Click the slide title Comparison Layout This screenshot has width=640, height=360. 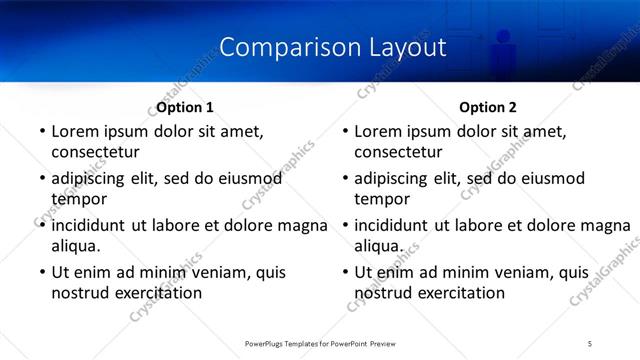coord(332,47)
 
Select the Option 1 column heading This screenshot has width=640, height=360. coord(185,107)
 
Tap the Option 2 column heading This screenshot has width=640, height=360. coord(488,107)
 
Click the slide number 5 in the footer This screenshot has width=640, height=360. coord(590,343)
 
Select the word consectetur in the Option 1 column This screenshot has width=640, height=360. coord(95,152)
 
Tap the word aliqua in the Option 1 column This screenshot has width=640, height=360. coord(75,246)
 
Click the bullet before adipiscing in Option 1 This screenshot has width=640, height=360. coord(41,179)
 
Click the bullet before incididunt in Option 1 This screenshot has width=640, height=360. coord(41,226)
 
